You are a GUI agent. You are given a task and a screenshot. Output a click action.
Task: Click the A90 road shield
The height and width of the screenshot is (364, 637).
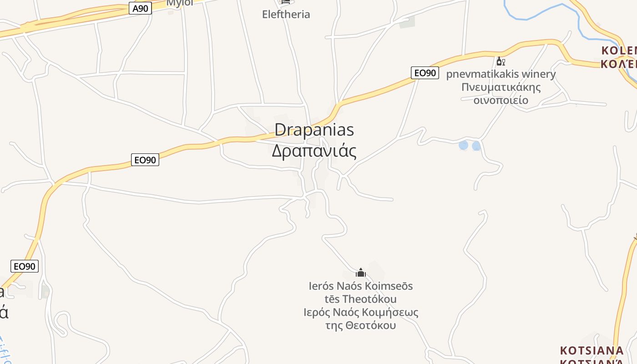click(x=140, y=8)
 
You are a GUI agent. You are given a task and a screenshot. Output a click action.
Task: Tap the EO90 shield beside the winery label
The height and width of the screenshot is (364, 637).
click(x=425, y=73)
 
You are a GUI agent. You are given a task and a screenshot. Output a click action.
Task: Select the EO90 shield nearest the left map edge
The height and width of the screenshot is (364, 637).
click(x=24, y=266)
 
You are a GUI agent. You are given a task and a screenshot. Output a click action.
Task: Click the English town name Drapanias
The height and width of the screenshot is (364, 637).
click(x=314, y=130)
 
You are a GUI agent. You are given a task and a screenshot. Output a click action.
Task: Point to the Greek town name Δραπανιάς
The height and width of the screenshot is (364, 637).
click(x=314, y=151)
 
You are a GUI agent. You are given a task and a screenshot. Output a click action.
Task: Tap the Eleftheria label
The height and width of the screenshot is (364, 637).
click(x=286, y=14)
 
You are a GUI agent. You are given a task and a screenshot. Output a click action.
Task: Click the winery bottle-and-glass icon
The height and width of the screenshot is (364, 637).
click(x=500, y=61)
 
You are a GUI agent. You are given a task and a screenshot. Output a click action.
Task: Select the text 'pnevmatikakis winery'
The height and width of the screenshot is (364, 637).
click(x=500, y=74)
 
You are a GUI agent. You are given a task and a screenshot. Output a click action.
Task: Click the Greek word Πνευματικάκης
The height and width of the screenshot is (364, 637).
click(x=501, y=87)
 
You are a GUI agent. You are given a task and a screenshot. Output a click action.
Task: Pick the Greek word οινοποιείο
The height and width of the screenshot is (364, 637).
click(x=501, y=100)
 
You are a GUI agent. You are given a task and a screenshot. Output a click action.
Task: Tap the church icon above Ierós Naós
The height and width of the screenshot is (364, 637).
click(x=361, y=273)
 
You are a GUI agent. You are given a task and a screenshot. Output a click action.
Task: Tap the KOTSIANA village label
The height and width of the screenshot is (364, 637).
click(x=591, y=351)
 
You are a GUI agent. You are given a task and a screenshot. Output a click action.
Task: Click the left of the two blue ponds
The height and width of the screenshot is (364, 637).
click(x=463, y=145)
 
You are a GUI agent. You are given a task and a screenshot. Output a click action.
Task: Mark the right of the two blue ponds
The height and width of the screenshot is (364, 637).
click(x=476, y=146)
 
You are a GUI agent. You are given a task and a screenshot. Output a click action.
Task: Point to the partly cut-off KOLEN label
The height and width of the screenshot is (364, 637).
click(x=619, y=51)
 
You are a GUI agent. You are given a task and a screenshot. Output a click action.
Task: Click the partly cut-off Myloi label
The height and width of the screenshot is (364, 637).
click(x=180, y=3)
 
